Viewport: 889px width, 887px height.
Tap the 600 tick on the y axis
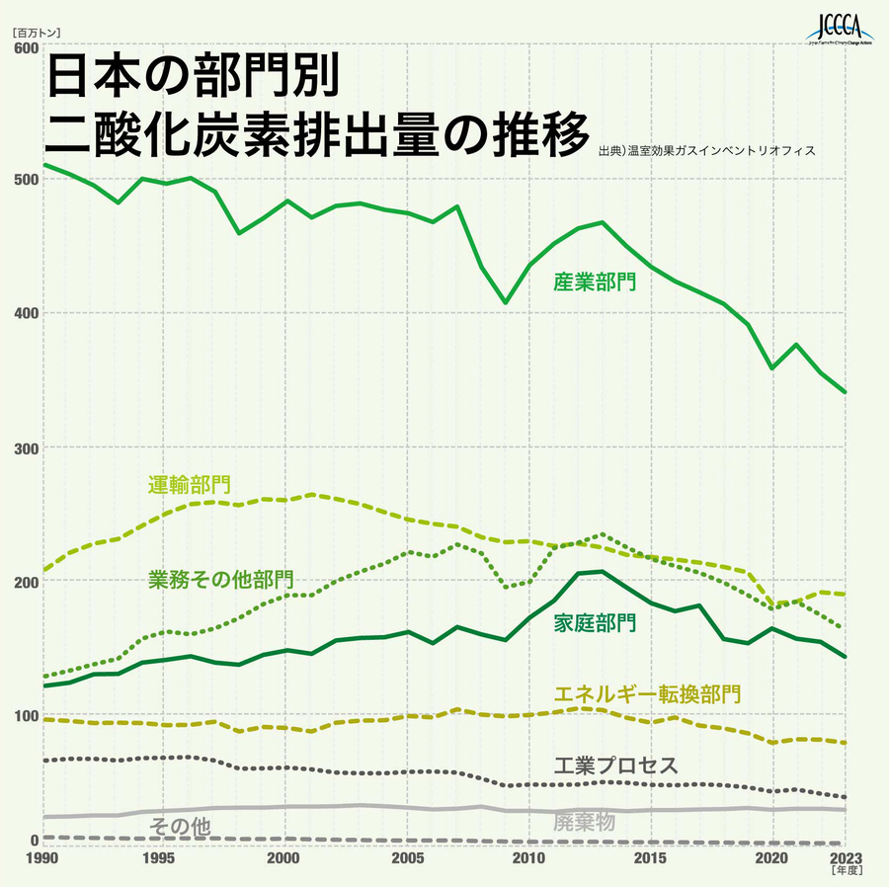click(27, 47)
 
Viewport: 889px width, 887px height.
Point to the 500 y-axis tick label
click(27, 179)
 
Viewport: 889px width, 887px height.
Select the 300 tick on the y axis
click(27, 447)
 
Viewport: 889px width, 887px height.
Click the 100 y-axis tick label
click(27, 714)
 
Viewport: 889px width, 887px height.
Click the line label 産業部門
click(595, 282)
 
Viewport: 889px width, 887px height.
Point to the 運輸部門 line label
click(190, 485)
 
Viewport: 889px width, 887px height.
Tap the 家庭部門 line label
click(595, 623)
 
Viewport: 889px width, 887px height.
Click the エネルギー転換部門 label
click(648, 693)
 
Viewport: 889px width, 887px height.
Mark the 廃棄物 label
click(585, 822)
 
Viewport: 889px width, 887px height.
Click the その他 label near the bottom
click(179, 828)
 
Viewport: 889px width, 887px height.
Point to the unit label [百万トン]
click(38, 31)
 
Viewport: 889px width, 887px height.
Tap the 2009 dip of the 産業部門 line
click(505, 302)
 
